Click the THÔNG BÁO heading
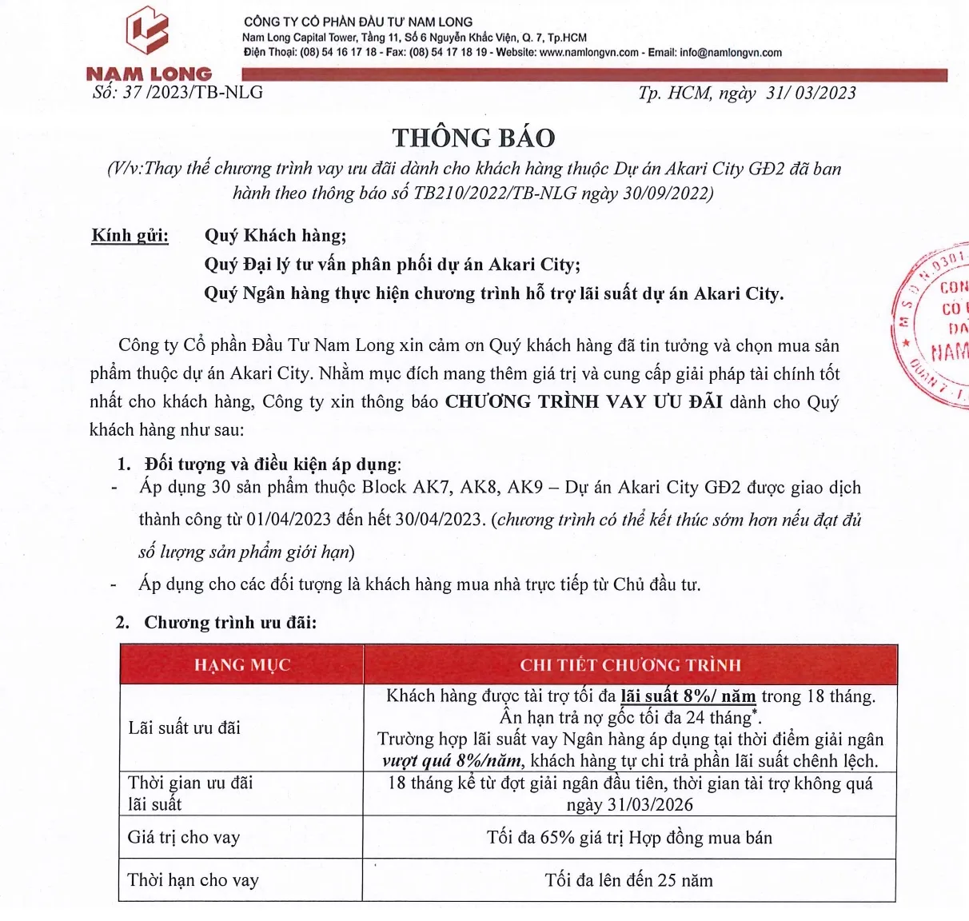point(473,138)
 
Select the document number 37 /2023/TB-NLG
point(193,92)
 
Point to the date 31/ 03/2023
point(811,93)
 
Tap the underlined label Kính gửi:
point(130,235)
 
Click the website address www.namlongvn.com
point(589,53)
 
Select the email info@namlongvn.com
point(731,53)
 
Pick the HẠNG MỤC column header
point(241,665)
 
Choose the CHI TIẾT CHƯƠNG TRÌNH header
point(630,665)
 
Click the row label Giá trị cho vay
point(184,837)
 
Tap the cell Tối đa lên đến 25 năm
point(628,880)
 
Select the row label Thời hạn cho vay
point(193,880)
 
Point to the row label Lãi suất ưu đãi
point(184,728)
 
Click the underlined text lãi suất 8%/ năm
point(688,696)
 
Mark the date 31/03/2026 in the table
point(630,804)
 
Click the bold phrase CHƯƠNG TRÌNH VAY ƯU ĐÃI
point(584,401)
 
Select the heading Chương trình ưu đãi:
point(230,622)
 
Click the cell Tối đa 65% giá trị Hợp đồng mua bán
point(629,837)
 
